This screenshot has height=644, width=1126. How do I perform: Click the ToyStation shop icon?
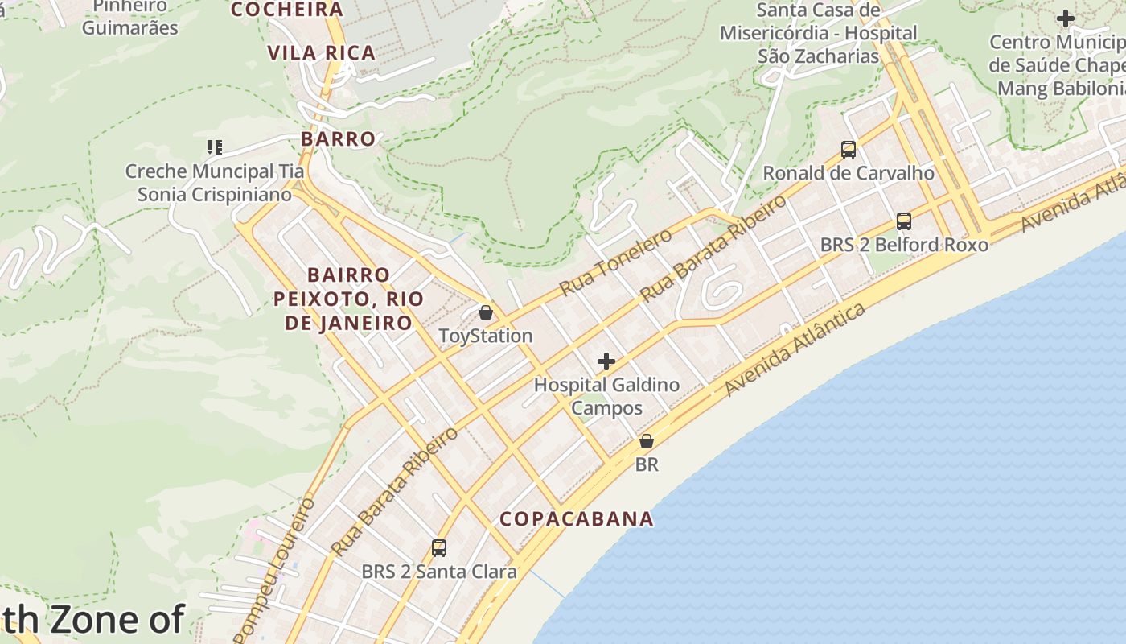pos(486,312)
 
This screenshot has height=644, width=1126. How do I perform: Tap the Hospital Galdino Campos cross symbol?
pos(606,362)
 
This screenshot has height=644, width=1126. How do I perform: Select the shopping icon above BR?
pos(646,441)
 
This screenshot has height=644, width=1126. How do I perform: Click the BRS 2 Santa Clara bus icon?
pos(438,548)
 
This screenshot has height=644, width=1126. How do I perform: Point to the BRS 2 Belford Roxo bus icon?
pos(904,221)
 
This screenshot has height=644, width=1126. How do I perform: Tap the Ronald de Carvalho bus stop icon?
pos(849,149)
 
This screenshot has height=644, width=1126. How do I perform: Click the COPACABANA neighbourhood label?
pos(577,518)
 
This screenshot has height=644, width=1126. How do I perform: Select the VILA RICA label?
pos(322,53)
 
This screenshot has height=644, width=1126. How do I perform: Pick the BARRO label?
pos(339,138)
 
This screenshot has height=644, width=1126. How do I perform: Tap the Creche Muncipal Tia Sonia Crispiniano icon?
pos(214,147)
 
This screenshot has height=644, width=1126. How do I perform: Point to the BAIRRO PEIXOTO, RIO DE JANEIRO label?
pos(348,299)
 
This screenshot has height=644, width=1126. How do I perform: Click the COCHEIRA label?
pos(287,10)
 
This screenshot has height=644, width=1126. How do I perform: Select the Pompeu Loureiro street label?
pos(275,568)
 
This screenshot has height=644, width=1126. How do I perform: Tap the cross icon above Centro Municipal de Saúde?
pos(1066,19)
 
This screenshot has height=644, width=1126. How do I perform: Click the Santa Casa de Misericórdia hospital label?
pos(818,33)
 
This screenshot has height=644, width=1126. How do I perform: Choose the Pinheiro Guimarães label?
pos(129,17)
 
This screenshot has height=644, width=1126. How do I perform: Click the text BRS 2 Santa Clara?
pos(438,572)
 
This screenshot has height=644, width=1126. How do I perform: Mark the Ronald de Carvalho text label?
pos(849,173)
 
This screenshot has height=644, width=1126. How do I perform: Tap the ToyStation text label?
pos(486,336)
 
